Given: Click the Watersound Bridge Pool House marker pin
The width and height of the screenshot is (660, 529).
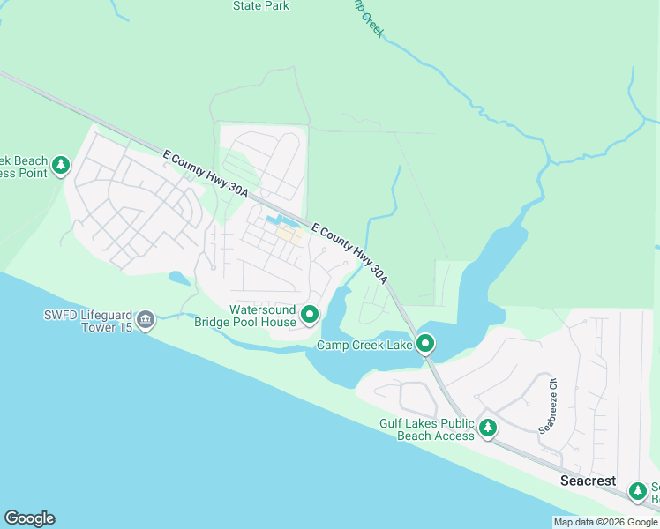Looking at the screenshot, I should pyautogui.click(x=310, y=314).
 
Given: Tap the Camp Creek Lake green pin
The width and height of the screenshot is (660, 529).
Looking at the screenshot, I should pyautogui.click(x=425, y=344).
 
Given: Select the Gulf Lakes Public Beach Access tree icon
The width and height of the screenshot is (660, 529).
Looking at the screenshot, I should pyautogui.click(x=488, y=428).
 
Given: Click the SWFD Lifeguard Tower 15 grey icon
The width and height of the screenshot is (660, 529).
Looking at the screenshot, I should pyautogui.click(x=146, y=319).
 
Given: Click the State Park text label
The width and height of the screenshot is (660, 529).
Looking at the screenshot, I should pyautogui.click(x=260, y=6).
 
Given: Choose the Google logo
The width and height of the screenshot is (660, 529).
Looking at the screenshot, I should pyautogui.click(x=29, y=518).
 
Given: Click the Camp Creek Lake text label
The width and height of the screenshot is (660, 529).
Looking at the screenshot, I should pyautogui.click(x=364, y=345).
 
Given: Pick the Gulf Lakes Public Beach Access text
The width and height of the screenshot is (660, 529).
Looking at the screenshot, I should pyautogui.click(x=427, y=429).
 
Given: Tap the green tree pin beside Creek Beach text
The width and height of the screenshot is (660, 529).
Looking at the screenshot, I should pyautogui.click(x=60, y=165).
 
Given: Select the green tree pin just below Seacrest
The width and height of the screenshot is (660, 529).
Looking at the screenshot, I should pyautogui.click(x=637, y=491).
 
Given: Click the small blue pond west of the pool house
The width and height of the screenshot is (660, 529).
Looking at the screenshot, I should pyautogui.click(x=178, y=279).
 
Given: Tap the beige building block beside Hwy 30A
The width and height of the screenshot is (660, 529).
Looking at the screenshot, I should pyautogui.click(x=291, y=235).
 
